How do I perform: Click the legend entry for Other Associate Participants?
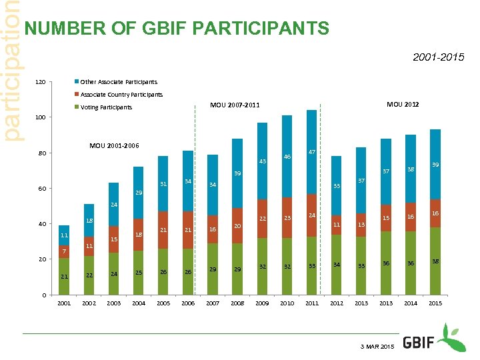pos(119,82)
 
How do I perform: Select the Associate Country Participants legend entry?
pos(121,95)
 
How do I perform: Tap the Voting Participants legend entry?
pos(106,107)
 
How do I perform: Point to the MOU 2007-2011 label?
pos(235,105)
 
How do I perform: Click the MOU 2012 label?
pos(403,104)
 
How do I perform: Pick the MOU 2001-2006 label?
pos(114,146)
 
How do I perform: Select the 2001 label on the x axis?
pos(64,303)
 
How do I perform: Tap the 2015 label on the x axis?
pos(435,303)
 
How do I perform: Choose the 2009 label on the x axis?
pos(262,303)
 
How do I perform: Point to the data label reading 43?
pos(263,161)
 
